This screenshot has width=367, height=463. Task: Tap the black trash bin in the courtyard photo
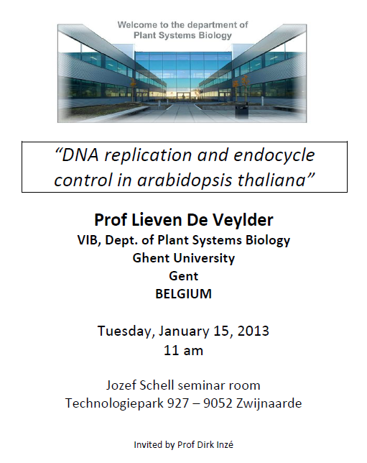241,110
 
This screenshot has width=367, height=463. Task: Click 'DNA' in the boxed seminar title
77,155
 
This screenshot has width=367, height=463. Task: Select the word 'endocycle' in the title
274,155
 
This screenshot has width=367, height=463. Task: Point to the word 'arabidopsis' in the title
185,180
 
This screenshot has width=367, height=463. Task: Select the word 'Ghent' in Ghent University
151,258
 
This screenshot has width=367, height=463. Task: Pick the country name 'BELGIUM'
184,294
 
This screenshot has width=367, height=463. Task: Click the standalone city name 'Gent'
184,276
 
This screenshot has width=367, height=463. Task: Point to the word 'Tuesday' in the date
126,331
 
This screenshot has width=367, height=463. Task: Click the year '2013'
253,331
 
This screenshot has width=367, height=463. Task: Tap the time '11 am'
184,351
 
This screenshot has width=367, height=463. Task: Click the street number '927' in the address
178,403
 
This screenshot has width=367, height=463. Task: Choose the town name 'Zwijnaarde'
269,403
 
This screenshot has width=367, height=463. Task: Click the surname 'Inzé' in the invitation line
224,444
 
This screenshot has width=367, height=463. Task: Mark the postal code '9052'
218,403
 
